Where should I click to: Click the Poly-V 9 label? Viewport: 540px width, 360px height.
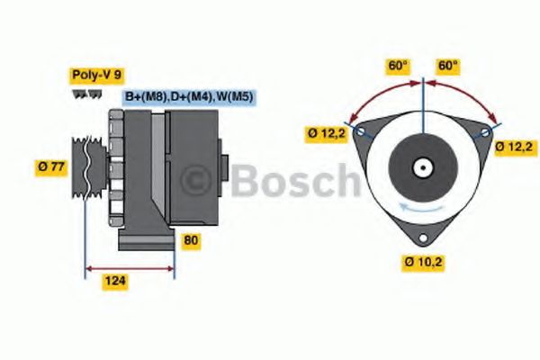(94, 76)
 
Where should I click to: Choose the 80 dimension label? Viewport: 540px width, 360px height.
(190, 241)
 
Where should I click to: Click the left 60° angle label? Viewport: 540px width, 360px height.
(398, 66)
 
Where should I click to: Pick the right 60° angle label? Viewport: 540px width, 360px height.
(448, 66)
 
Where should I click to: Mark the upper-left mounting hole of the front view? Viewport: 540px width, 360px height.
(361, 131)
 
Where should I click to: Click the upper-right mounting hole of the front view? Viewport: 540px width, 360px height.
(486, 131)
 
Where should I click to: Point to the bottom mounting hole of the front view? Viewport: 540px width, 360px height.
(423, 238)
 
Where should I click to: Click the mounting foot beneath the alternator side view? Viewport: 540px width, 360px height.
(144, 240)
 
